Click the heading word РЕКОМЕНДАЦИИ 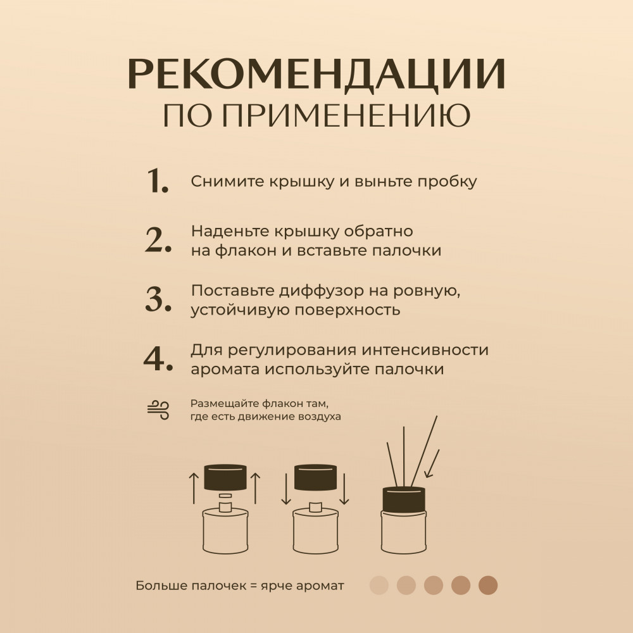pos(316,74)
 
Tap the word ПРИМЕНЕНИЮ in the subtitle pos(346,115)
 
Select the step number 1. pos(158,180)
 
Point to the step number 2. pos(158,240)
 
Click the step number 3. pos(158,299)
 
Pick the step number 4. pos(158,358)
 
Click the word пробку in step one pos(447,182)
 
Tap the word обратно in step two pos(379,231)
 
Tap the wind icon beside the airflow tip pos(158,410)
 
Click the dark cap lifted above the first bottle pos(225,477)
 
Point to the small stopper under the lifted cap pos(225,496)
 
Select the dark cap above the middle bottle pos(315,477)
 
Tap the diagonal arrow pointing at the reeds pos(432,464)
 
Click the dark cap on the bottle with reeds pos(404,499)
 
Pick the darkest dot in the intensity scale pos(488,586)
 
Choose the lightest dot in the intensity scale pos(379,586)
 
